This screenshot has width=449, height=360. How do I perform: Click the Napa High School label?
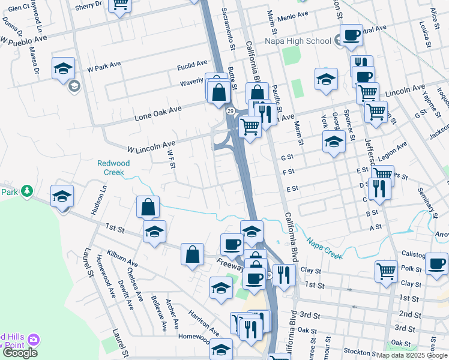coord(298,41)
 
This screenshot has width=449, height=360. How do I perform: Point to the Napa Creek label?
coord(324,247)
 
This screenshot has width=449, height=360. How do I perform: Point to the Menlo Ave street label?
coord(294,13)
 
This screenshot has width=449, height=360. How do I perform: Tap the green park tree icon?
coord(26,191)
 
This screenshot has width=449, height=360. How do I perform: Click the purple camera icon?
coord(34,340)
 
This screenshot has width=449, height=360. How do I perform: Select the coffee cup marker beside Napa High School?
coord(351,34)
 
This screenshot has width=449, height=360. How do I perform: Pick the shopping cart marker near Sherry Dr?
coord(120,5)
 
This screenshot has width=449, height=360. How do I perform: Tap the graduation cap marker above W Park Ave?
coord(63,68)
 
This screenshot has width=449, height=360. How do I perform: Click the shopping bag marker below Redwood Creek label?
coord(148,207)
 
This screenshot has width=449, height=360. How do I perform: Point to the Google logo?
coord(19,353)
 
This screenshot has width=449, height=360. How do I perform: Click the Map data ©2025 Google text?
coord(411,355)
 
